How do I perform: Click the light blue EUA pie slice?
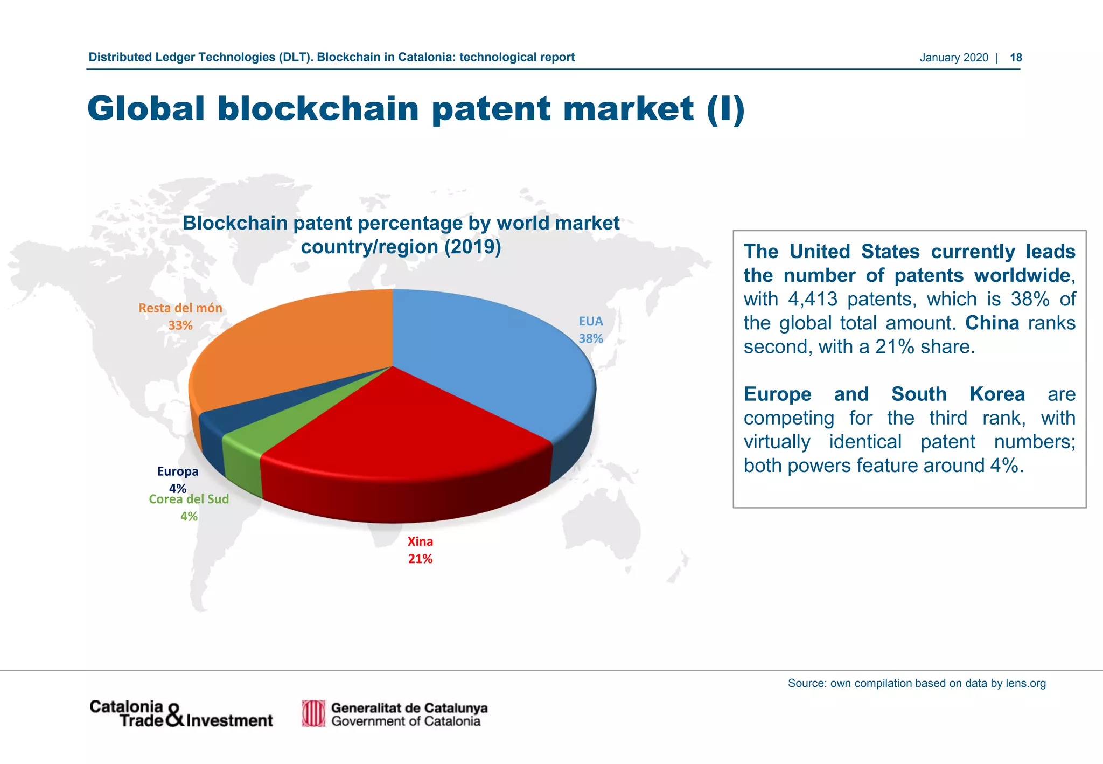tap(485, 356)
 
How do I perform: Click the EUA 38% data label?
tap(591, 330)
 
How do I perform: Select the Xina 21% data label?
tap(420, 550)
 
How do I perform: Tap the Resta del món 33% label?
tap(180, 317)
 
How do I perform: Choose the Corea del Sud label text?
tap(189, 499)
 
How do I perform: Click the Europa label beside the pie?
tap(178, 472)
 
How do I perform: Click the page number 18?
tap(1016, 58)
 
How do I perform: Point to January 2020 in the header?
tap(954, 58)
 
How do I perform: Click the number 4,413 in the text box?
tap(813, 300)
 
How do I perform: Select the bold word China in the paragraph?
tap(992, 323)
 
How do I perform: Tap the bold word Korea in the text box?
tap(997, 394)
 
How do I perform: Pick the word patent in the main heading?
tap(492, 109)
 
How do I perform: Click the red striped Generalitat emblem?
tap(313, 713)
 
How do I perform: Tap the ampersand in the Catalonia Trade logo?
tap(175, 716)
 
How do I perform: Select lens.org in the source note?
tap(1025, 684)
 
